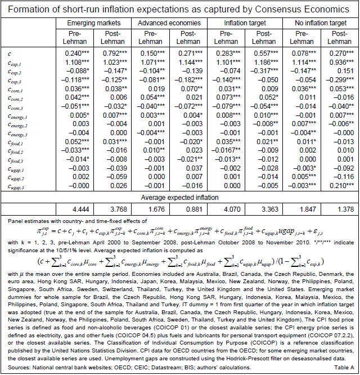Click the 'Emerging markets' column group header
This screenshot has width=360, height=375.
pyautogui.click(x=94, y=23)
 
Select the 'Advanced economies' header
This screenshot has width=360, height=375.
pyautogui.click(x=169, y=23)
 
